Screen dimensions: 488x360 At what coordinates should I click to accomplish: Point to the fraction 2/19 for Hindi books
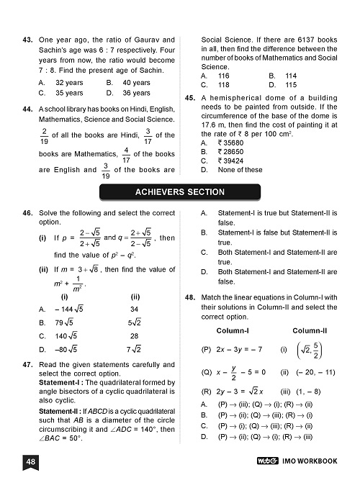click(45, 135)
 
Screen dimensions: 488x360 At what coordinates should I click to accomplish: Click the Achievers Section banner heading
click(180, 192)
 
